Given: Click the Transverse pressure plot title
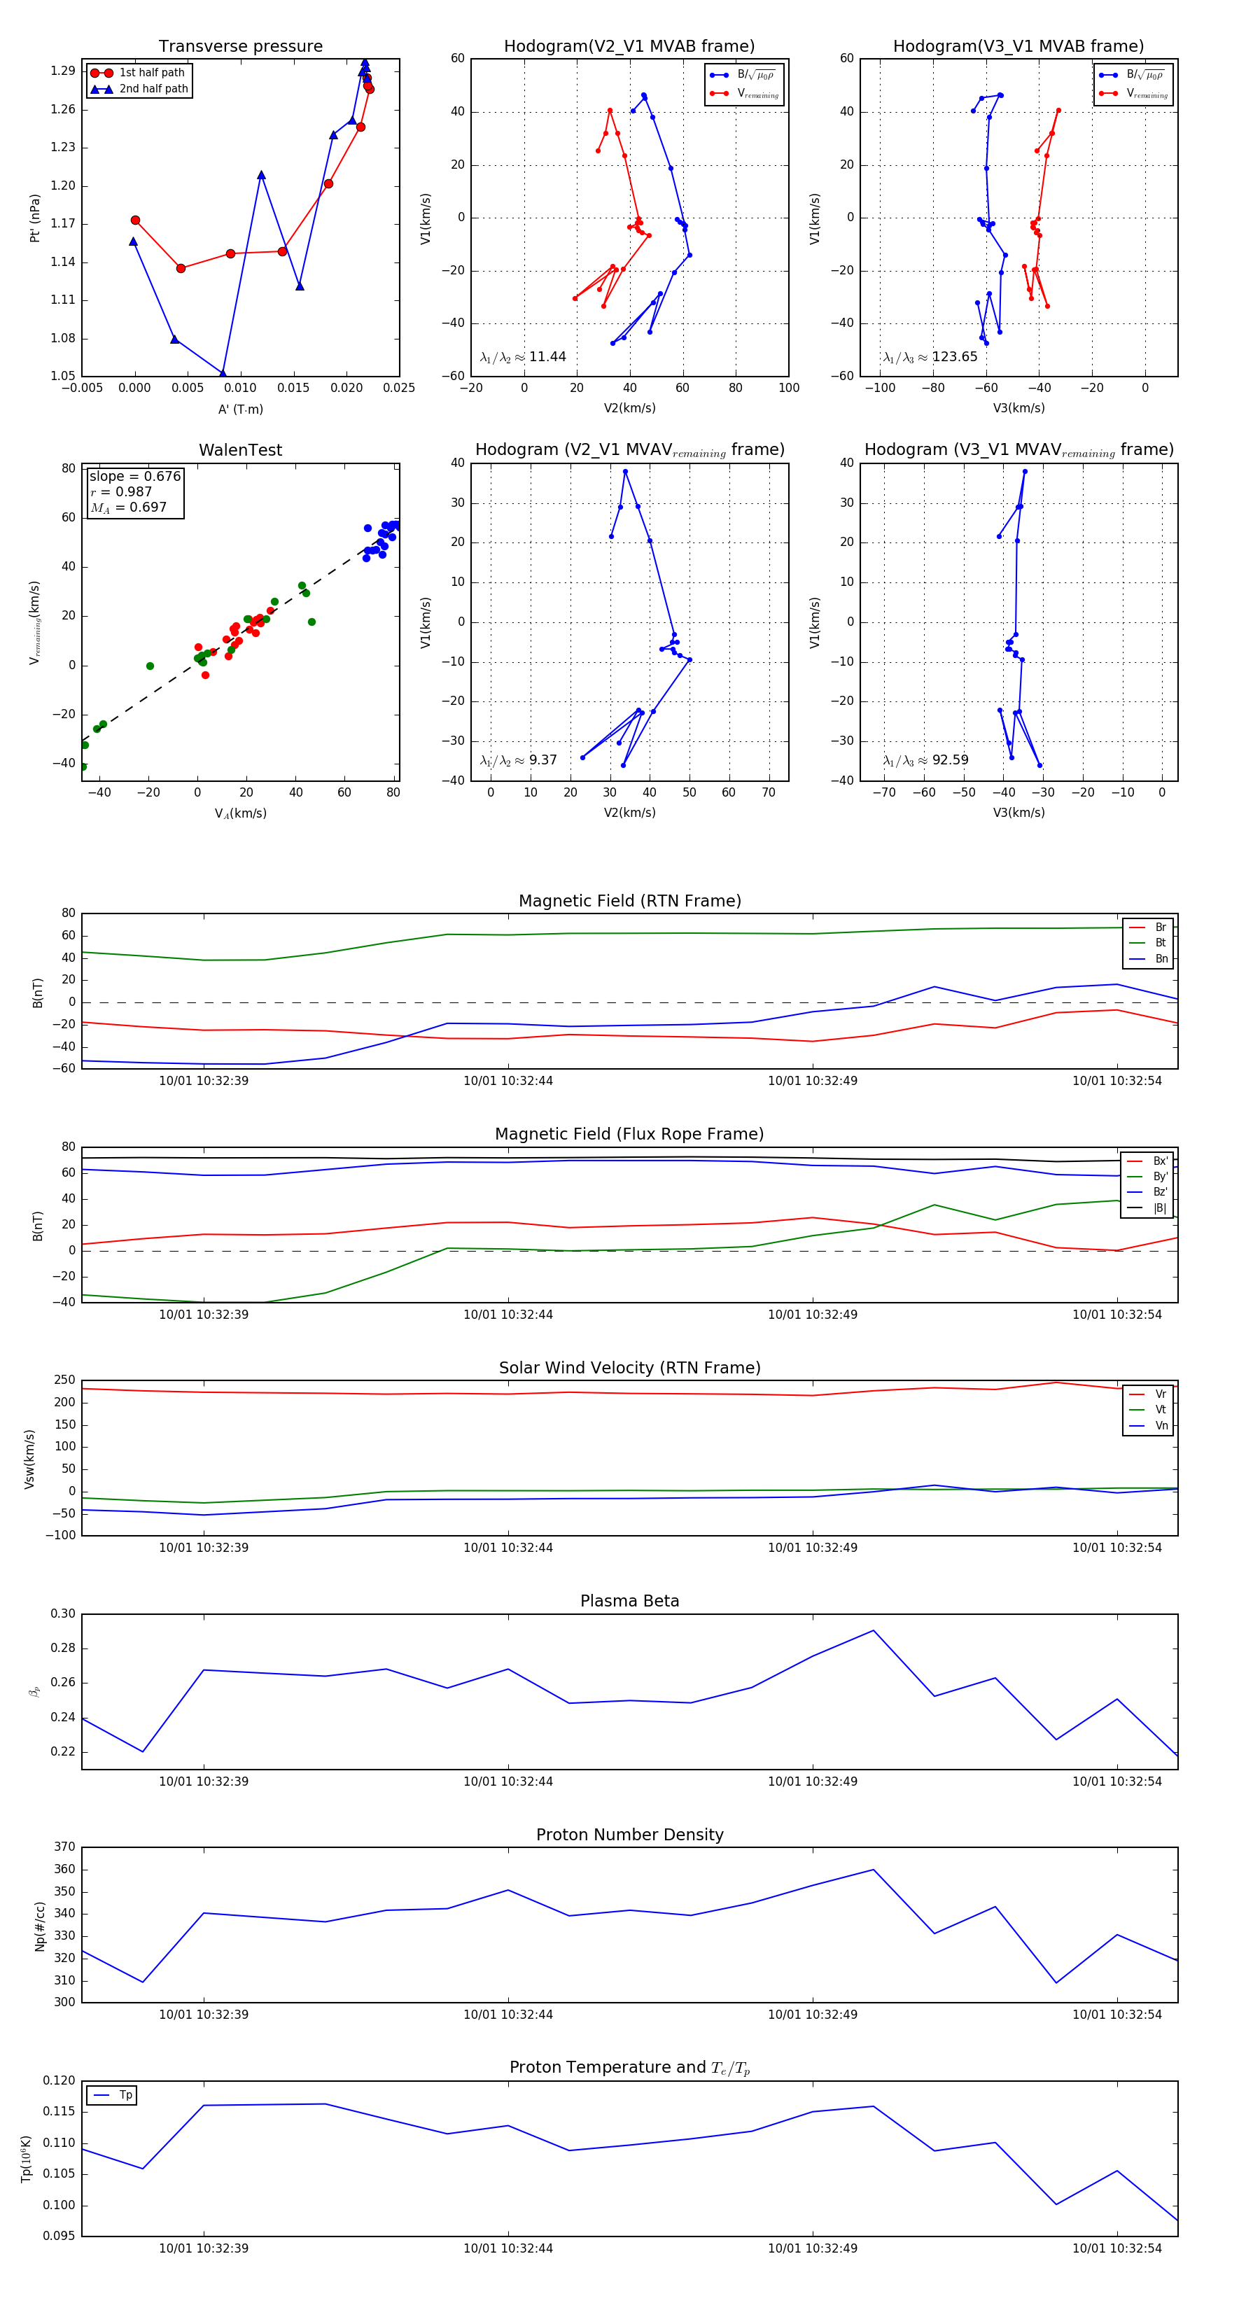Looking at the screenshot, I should pyautogui.click(x=240, y=47).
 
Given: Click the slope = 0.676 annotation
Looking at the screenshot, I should pyautogui.click(x=134, y=476).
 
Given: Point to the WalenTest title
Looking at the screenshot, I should pyautogui.click(x=240, y=450).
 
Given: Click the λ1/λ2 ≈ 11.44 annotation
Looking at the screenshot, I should pyautogui.click(x=523, y=357).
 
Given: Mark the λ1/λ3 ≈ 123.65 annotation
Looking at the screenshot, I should pyautogui.click(x=930, y=357).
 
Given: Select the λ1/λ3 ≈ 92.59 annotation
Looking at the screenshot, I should pyautogui.click(x=925, y=760).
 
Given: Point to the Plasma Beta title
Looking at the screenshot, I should pyautogui.click(x=629, y=1602).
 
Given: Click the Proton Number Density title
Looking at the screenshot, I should pyautogui.click(x=629, y=1835).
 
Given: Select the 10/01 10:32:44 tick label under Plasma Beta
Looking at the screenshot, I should pyautogui.click(x=507, y=1781).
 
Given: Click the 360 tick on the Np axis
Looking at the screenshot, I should pyautogui.click(x=64, y=1870).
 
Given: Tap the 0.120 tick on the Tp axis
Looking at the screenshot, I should pyautogui.click(x=59, y=2080).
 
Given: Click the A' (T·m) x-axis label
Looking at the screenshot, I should pyautogui.click(x=240, y=409).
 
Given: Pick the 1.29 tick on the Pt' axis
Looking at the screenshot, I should pyautogui.click(x=63, y=71).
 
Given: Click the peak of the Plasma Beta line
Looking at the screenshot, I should pyautogui.click(x=874, y=1630).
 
